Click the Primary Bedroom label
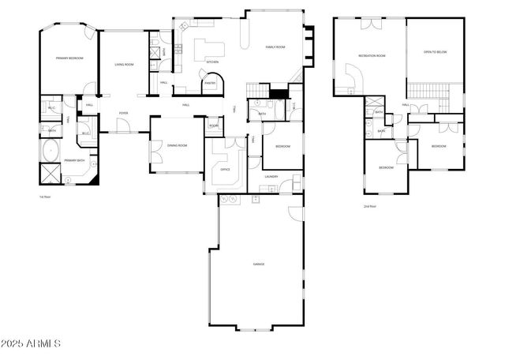70,58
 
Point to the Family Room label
275,47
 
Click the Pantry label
211,83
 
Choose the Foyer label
124,114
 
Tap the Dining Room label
177,145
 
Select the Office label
225,169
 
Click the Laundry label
271,176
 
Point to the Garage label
259,264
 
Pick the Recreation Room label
372,55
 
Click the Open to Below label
436,51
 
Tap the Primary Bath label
76,160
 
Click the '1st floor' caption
45,197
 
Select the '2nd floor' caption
369,206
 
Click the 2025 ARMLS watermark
31,344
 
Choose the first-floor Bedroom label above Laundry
282,147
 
